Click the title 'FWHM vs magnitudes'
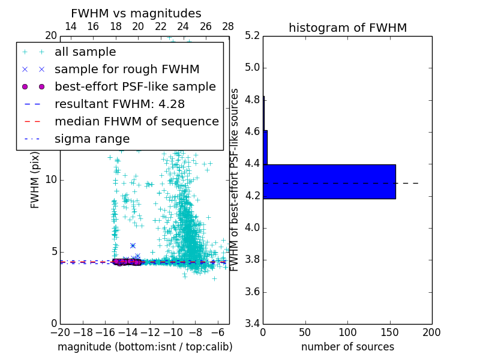click(136, 13)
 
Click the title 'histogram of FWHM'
click(347, 28)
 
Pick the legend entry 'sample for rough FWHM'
click(127, 69)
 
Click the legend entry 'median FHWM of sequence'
click(136, 121)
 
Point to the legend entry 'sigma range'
click(92, 139)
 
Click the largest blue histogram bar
click(329, 181)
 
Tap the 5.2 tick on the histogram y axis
click(253, 35)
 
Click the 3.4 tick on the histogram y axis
click(253, 324)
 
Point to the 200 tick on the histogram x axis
click(431, 332)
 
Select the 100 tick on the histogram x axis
click(347, 332)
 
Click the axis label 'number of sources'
click(347, 347)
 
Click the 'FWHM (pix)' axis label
click(35, 179)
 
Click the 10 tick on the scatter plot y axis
click(50, 179)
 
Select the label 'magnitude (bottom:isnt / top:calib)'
click(145, 347)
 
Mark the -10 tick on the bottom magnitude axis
click(173, 332)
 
